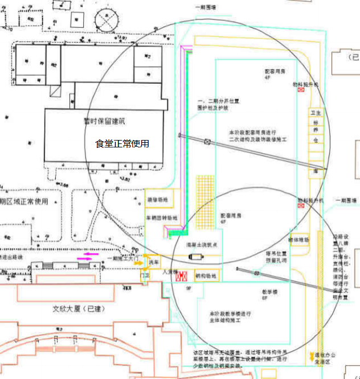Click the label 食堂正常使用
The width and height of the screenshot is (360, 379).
(122, 143)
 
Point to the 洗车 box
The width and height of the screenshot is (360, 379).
(153, 262)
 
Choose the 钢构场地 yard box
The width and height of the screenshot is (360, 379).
(205, 276)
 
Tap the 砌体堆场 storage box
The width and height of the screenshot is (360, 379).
(300, 240)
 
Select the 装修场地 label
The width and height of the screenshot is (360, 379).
(157, 200)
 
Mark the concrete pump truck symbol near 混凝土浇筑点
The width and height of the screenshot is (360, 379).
(199, 257)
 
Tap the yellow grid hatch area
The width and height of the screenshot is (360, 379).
(205, 193)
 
